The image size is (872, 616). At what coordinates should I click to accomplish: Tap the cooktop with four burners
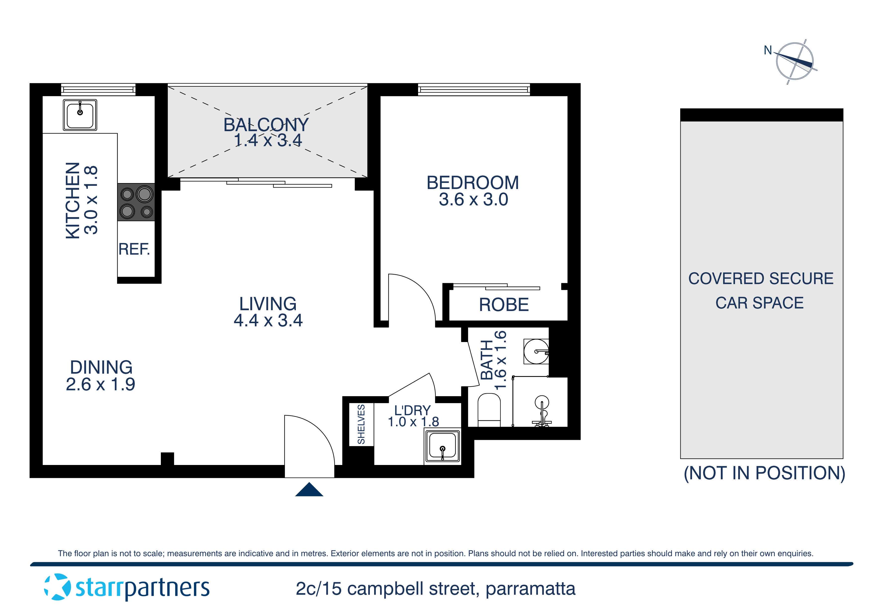click(x=136, y=202)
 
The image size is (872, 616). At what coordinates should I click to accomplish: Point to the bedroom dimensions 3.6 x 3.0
click(x=473, y=200)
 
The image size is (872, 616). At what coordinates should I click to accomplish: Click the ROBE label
click(x=504, y=305)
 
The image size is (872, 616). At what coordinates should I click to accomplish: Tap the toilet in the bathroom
click(x=489, y=410)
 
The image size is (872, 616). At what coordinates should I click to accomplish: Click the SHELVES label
click(x=361, y=424)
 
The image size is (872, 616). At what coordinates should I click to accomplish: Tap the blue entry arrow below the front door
click(x=309, y=490)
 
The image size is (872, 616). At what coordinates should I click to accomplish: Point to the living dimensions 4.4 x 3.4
click(x=268, y=320)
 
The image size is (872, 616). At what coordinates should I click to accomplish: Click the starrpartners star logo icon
click(x=57, y=587)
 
